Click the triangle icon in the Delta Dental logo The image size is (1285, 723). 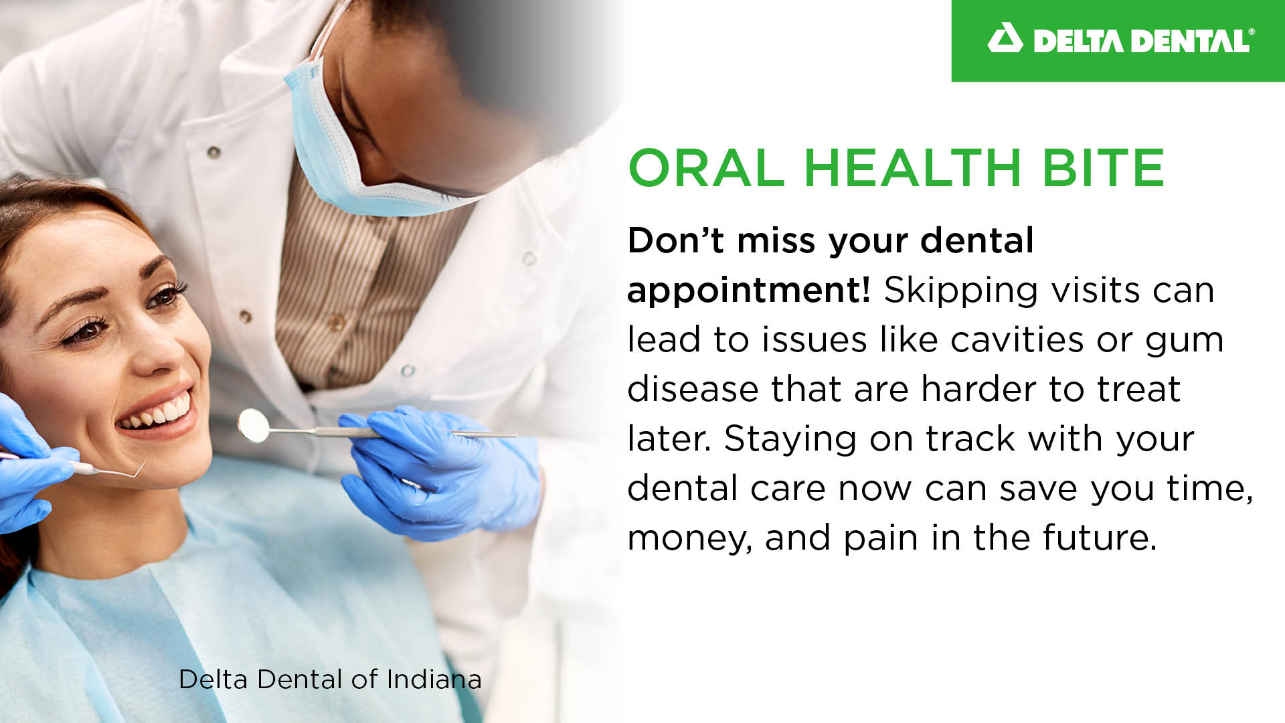(x=1005, y=39)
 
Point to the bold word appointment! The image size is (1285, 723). (x=748, y=291)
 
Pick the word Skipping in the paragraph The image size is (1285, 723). (x=960, y=291)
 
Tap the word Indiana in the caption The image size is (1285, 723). (x=434, y=679)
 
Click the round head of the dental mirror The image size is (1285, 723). (x=254, y=425)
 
